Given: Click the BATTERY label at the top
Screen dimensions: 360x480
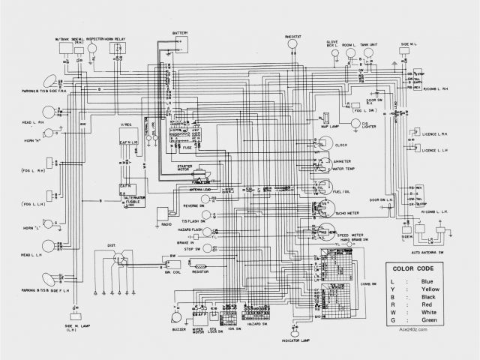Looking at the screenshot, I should point(180,33).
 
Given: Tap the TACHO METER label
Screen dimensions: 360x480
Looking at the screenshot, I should point(349,212).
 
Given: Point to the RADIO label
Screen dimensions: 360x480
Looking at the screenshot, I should point(165,223).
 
